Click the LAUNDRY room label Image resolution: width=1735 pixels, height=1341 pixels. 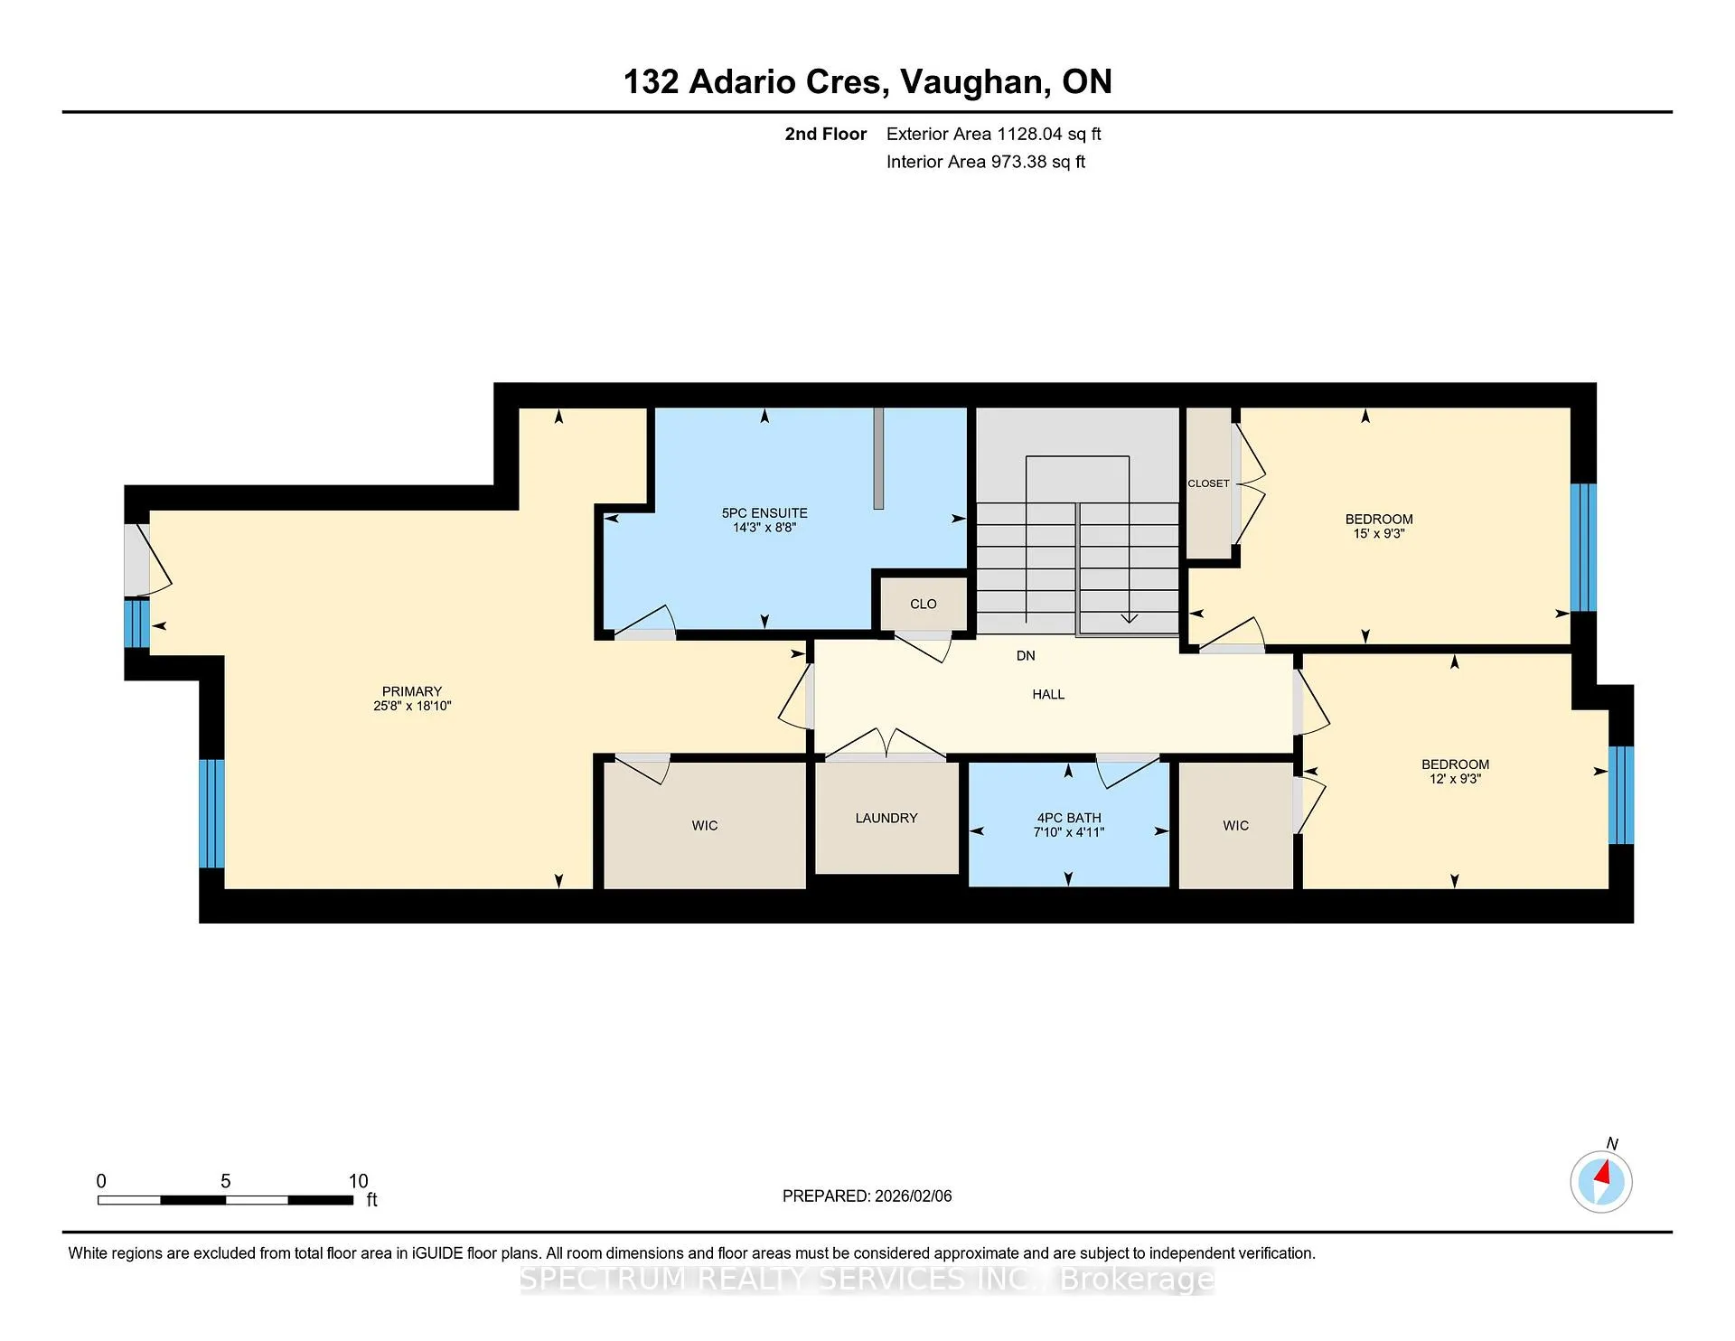click(886, 818)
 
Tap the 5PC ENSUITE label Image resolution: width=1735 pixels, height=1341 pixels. click(764, 512)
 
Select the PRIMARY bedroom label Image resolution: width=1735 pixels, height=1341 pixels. click(412, 691)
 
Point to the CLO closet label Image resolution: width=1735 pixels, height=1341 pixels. click(924, 604)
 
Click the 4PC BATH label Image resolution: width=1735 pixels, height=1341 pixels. click(1069, 818)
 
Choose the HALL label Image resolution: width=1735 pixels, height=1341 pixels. click(1048, 694)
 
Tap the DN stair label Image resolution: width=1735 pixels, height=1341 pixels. click(1026, 655)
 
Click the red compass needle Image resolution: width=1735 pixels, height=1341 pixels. click(1604, 1173)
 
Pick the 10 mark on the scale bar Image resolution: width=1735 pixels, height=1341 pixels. click(359, 1181)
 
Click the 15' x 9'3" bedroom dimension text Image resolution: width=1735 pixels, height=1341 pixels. click(1379, 533)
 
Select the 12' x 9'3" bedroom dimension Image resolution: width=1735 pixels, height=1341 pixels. click(1455, 778)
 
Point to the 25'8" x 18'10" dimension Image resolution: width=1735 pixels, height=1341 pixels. click(412, 706)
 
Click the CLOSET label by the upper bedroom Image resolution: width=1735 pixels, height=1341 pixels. click(1208, 483)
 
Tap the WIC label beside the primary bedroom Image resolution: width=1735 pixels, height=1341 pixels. click(705, 825)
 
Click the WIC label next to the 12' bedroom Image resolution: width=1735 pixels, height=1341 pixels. click(1236, 825)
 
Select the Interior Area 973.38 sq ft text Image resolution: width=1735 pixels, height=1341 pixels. click(986, 162)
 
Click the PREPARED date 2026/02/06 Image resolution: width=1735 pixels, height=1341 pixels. click(913, 1196)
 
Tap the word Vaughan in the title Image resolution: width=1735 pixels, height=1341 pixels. click(976, 82)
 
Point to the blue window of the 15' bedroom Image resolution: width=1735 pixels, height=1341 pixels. click(1583, 548)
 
